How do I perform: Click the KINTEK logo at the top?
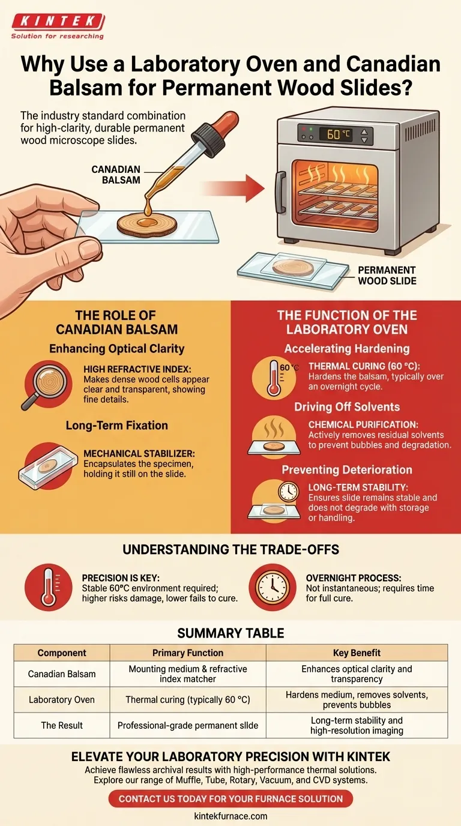(x=58, y=26)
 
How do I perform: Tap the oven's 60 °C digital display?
(x=335, y=134)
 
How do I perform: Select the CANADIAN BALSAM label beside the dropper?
(x=116, y=175)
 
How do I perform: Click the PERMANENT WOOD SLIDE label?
(x=387, y=276)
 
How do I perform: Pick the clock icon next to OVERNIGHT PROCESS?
(x=272, y=588)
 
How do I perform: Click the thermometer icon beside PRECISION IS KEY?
(x=48, y=588)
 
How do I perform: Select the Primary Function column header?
(x=188, y=653)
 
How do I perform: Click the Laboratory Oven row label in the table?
(x=62, y=699)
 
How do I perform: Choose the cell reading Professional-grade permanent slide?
(x=188, y=725)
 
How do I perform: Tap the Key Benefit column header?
(x=357, y=653)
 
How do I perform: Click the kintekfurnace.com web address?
(x=230, y=816)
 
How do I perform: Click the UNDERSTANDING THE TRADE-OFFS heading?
(x=231, y=549)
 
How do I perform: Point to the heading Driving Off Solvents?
(x=347, y=407)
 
